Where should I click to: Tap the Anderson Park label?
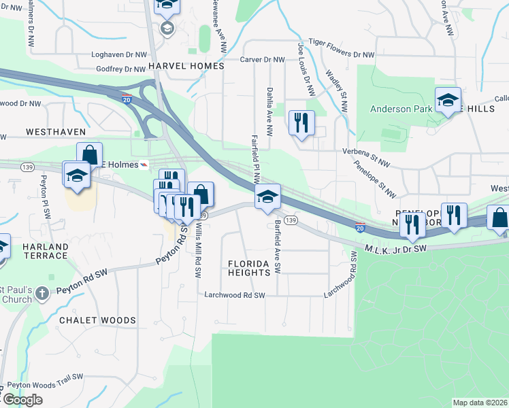399,109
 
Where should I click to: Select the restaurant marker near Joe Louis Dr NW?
301,123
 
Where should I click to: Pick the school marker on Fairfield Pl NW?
268,197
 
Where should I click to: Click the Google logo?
22,400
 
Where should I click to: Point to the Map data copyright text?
480,403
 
